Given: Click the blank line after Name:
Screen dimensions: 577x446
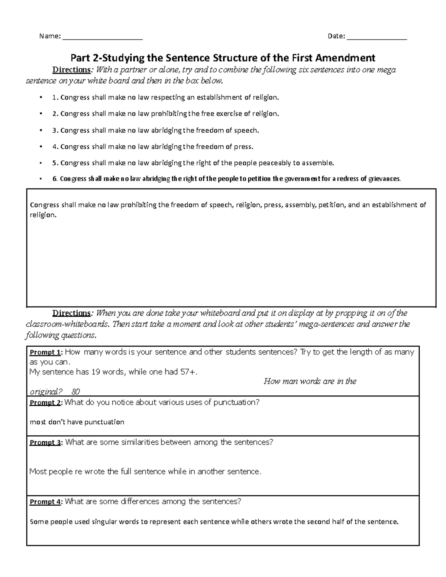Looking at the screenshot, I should [103, 37].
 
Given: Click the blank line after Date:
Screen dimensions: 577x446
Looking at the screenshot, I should [377, 37].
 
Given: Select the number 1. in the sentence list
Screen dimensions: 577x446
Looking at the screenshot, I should [55, 98].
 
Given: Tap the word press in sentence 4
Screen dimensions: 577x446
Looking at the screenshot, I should [243, 147].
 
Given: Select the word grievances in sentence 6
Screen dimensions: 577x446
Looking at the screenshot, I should [384, 179].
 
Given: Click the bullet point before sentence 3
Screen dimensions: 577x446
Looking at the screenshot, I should [41, 130].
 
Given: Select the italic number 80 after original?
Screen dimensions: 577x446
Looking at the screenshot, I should [75, 392].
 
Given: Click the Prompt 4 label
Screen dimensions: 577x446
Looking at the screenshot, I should [46, 502].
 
